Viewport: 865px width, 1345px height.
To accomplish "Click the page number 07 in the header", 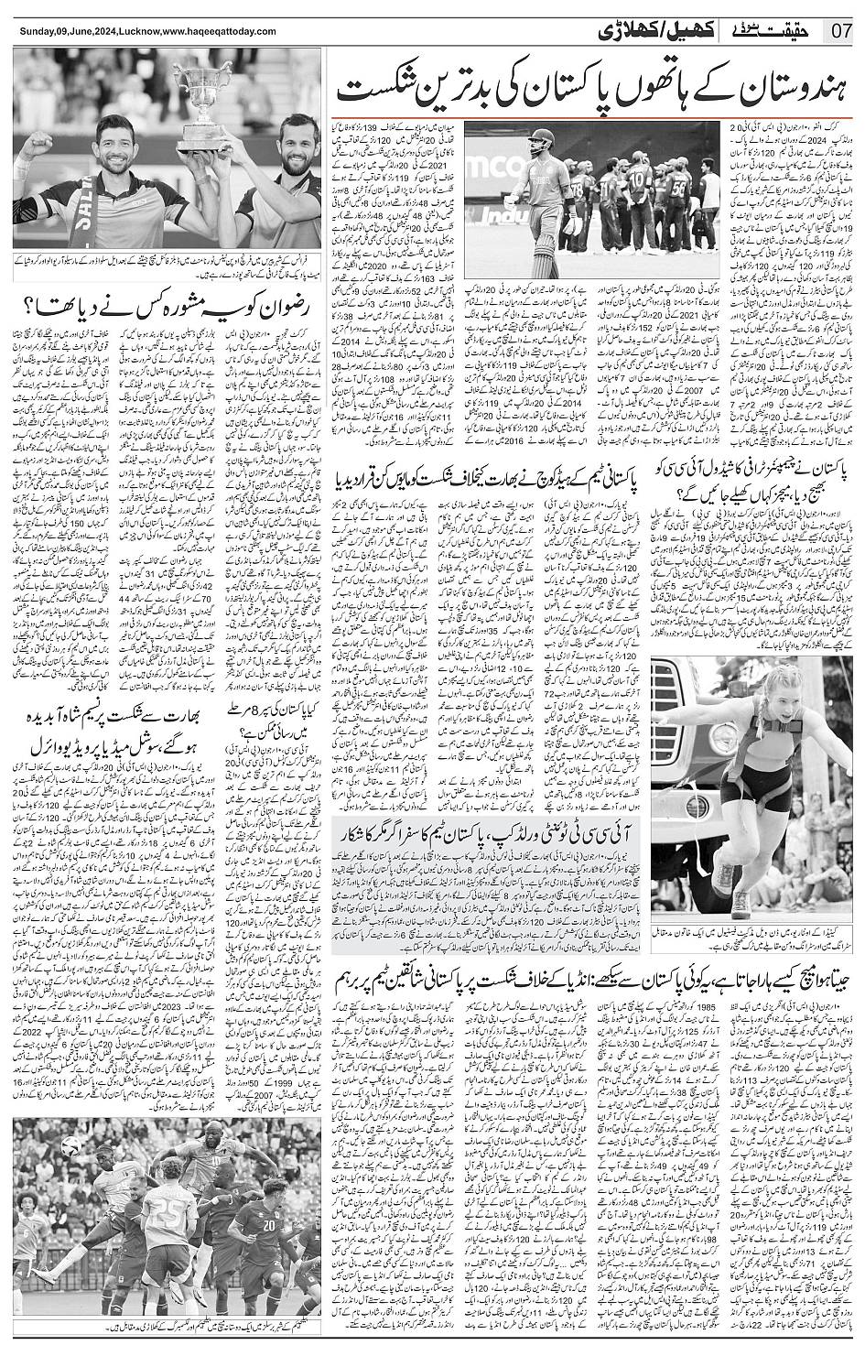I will coord(842,29).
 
